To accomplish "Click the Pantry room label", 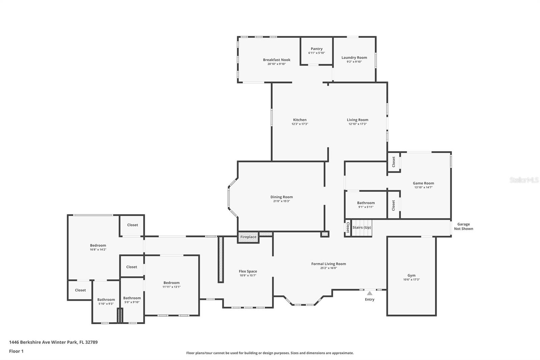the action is [x=317, y=49].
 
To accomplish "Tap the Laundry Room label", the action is [x=354, y=58].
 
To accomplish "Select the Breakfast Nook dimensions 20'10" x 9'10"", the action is [x=276, y=64].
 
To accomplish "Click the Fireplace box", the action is [x=248, y=237].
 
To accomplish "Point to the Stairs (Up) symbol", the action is [x=361, y=228].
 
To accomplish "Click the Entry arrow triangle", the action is [x=370, y=293].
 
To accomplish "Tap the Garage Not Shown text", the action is [x=463, y=226].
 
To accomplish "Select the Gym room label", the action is [x=411, y=276].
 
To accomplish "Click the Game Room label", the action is [x=423, y=183].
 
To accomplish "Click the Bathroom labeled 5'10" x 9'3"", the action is [x=106, y=300].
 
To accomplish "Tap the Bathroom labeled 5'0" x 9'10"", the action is [x=132, y=298].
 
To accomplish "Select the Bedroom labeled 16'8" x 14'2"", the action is [x=98, y=246].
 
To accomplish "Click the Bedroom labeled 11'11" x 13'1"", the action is [x=171, y=283].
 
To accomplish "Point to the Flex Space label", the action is [x=248, y=272].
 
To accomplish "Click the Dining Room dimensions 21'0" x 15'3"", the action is [x=281, y=201].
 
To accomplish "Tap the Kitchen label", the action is [x=300, y=120].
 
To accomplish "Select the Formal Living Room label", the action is [x=328, y=264].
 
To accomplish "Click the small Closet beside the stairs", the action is [x=348, y=228].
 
